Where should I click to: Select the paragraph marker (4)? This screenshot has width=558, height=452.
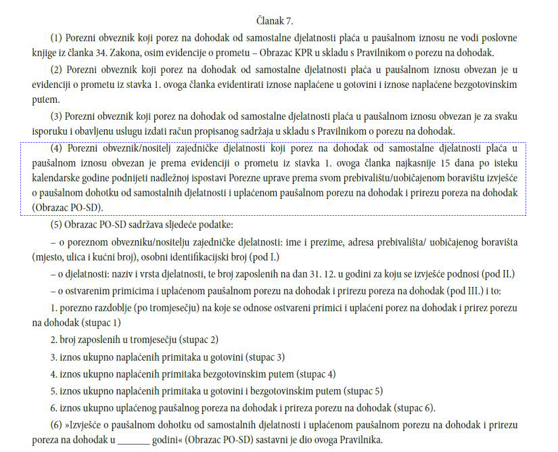[57, 148]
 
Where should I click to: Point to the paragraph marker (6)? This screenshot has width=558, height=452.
[57, 426]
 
